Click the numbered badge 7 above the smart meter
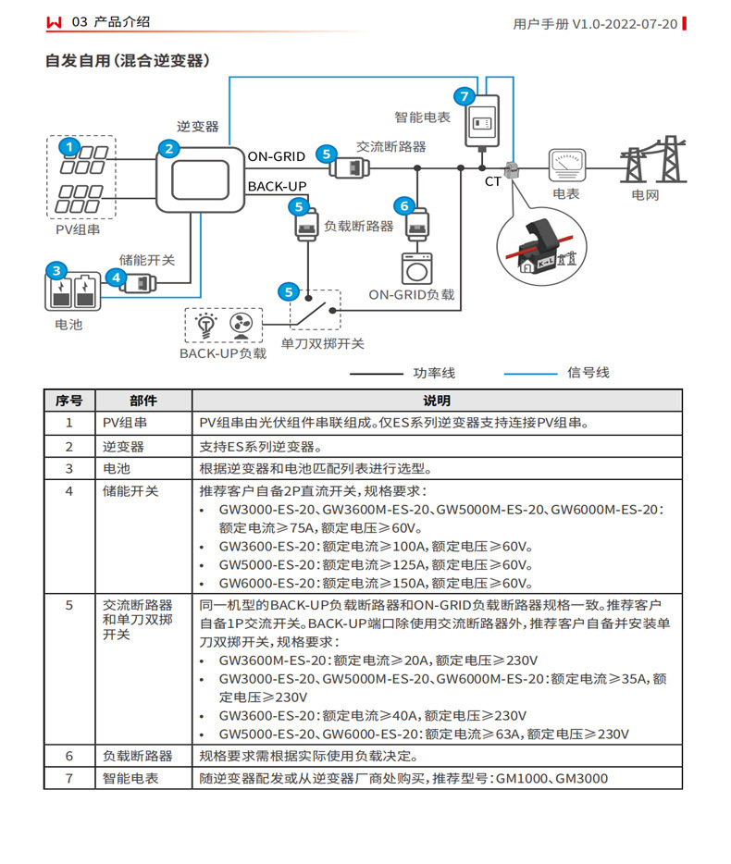(x=465, y=94)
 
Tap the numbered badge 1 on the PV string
(x=68, y=146)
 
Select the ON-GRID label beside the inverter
(x=276, y=156)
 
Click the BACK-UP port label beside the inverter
(x=276, y=187)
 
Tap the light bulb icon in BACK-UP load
(x=206, y=325)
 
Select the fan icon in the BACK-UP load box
(x=239, y=325)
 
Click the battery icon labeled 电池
(x=72, y=292)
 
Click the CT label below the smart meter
(x=492, y=181)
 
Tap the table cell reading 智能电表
(x=130, y=778)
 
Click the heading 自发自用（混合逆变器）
(x=128, y=61)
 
